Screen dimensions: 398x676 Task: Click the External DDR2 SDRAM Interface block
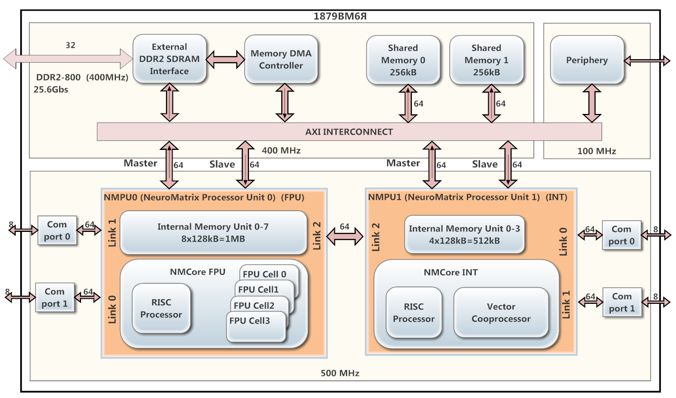[169, 59]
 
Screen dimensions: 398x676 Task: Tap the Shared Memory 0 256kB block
[403, 60]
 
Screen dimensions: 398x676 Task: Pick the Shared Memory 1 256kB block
[486, 60]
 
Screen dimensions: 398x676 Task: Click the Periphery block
[586, 60]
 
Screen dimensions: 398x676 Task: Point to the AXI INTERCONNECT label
[349, 132]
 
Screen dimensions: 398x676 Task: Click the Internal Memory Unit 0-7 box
[213, 232]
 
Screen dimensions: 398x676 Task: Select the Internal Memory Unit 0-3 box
[464, 235]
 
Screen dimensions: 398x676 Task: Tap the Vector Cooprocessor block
[501, 312]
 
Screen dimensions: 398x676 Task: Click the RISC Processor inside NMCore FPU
[161, 308]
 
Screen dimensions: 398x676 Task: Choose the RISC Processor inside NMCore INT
[413, 312]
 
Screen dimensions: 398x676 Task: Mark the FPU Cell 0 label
[265, 274]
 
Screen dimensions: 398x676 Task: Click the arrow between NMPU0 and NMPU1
[345, 235]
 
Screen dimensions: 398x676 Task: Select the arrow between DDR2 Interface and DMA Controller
[226, 59]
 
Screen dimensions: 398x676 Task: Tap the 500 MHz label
[340, 373]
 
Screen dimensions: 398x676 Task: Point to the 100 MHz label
[596, 151]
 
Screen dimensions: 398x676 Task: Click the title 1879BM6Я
[340, 15]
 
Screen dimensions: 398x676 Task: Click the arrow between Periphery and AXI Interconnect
[590, 103]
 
